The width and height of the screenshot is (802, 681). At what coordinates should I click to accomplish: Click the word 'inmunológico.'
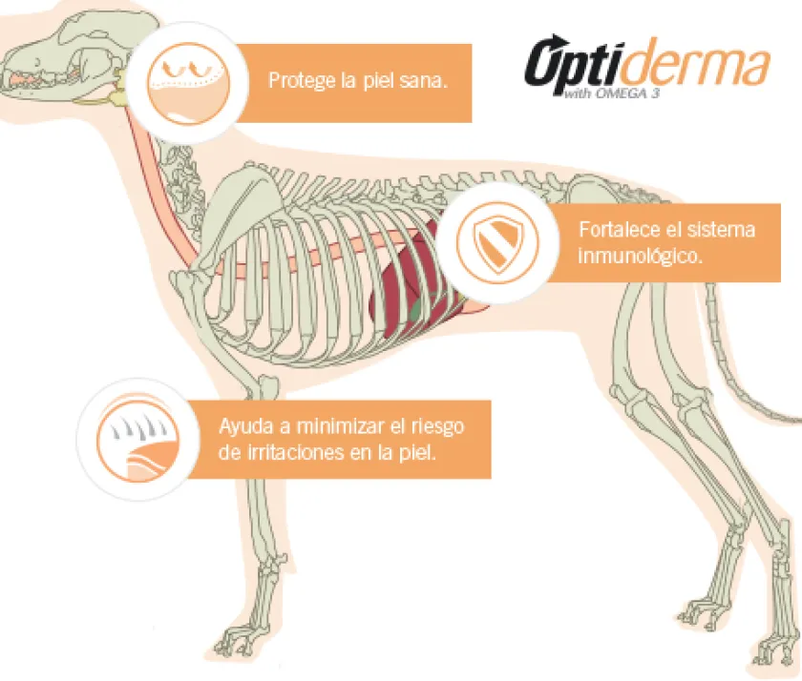point(640,256)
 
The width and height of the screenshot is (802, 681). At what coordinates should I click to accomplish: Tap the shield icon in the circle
point(497,242)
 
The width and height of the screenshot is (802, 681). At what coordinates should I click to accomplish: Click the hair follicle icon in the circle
point(138,439)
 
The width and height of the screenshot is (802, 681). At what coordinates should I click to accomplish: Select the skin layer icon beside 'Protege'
point(188,83)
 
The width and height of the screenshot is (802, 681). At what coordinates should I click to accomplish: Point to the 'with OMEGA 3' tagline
point(611,93)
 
